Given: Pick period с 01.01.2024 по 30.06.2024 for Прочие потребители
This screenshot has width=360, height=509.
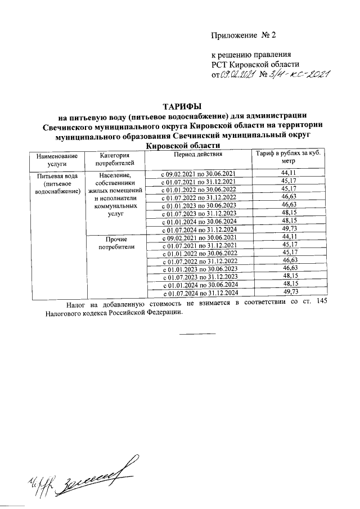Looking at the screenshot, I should pos(198,285).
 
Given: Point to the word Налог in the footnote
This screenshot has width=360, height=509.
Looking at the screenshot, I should pos(76,304).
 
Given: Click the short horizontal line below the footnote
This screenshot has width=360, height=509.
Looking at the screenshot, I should pos(197,334).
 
